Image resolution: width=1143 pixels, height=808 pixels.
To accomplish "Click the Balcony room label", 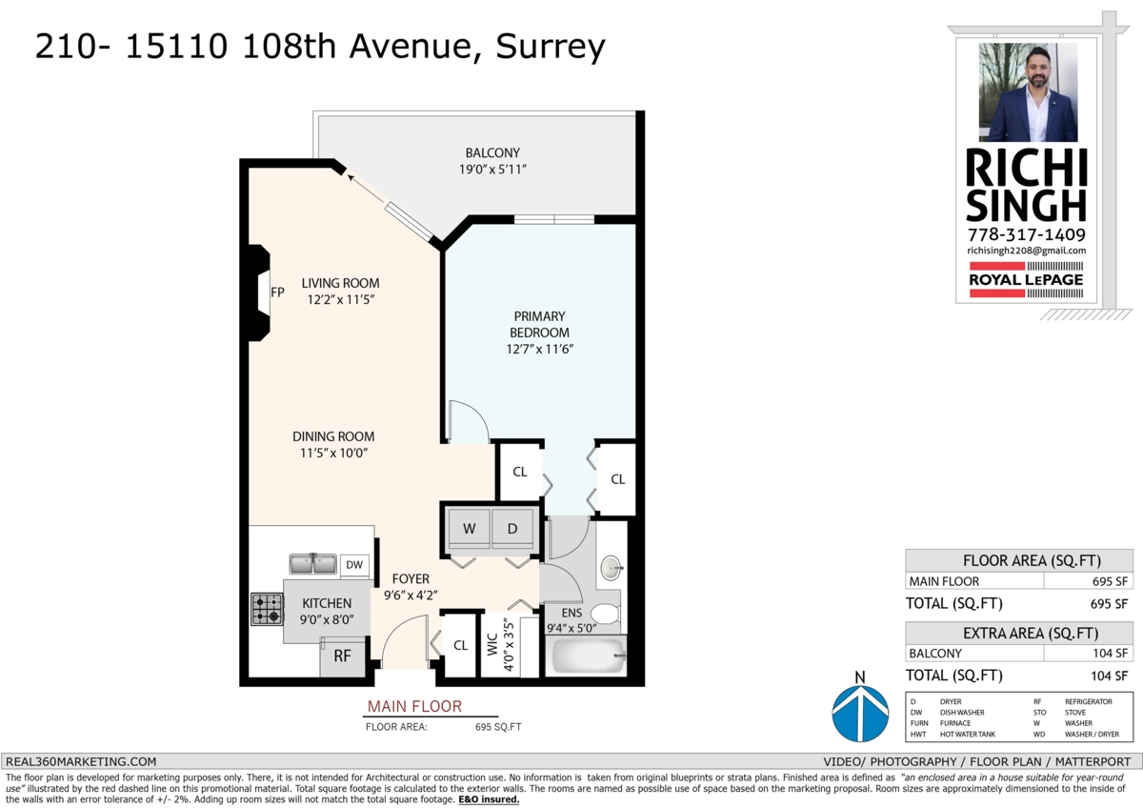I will pyautogui.click(x=491, y=152).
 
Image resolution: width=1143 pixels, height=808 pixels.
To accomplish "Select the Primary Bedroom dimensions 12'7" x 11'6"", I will pyautogui.click(x=539, y=349).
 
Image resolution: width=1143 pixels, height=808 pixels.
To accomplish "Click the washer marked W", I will pyautogui.click(x=470, y=528).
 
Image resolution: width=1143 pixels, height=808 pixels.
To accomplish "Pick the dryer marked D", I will pyautogui.click(x=512, y=528).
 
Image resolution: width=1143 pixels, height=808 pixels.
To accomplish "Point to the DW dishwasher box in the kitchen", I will pyautogui.click(x=354, y=565).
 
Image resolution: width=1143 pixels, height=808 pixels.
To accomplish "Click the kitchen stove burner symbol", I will pyautogui.click(x=267, y=609).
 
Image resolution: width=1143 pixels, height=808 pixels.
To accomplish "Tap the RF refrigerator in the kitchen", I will pyautogui.click(x=342, y=656).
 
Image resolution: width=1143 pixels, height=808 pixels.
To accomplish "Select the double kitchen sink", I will pyautogui.click(x=312, y=565).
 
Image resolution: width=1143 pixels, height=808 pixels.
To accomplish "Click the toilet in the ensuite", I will pyautogui.click(x=604, y=612).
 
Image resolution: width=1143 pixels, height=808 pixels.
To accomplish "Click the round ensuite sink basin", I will pyautogui.click(x=610, y=570).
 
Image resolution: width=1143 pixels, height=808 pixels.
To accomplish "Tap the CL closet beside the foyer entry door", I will pyautogui.click(x=460, y=645).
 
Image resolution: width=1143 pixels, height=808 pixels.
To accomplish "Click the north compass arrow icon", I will pyautogui.click(x=860, y=714).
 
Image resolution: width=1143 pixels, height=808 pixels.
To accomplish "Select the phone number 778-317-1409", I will pyautogui.click(x=1026, y=234).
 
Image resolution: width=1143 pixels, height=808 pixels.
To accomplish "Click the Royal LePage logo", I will pyautogui.click(x=1026, y=279).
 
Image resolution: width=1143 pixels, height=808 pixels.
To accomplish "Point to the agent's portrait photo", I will pyautogui.click(x=1028, y=92).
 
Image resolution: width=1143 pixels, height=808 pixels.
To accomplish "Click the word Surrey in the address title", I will pyautogui.click(x=548, y=46).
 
